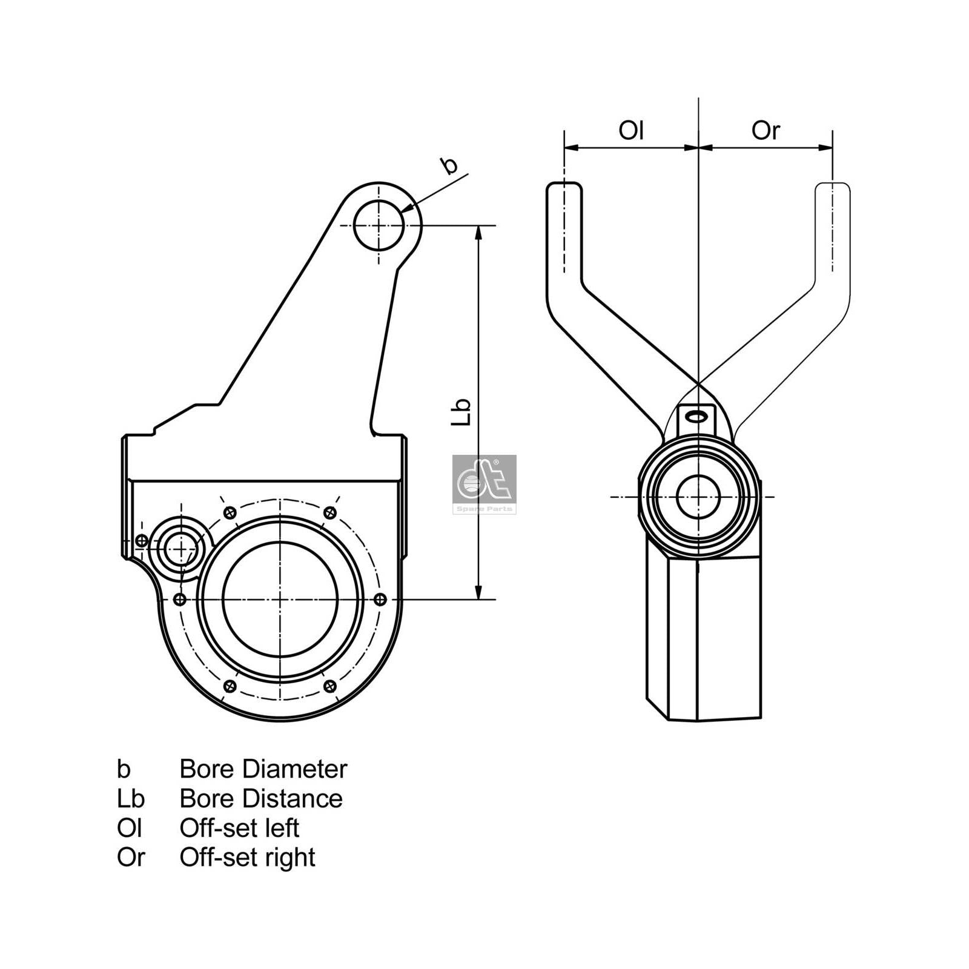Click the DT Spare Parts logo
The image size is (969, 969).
[484, 484]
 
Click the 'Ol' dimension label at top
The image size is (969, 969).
[630, 130]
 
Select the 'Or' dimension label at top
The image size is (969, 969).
[766, 130]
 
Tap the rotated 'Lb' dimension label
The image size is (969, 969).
[462, 412]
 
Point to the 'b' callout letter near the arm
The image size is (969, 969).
[449, 165]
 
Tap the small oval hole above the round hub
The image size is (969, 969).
[698, 415]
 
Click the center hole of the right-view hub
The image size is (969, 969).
[698, 497]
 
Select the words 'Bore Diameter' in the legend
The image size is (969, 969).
[263, 769]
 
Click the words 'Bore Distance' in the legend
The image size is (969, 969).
[260, 799]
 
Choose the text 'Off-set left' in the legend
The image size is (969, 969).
[239, 828]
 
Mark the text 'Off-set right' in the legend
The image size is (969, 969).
[247, 858]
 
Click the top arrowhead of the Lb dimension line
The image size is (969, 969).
[478, 233]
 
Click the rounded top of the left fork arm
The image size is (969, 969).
[564, 189]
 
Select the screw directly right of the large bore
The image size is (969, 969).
[380, 600]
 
